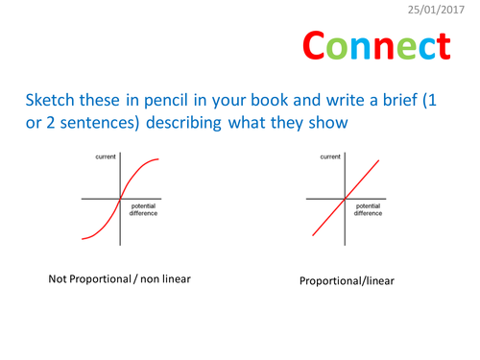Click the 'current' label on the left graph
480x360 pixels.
tap(105, 155)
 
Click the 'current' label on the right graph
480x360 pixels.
tap(330, 155)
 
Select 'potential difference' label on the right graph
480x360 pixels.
tap(369, 209)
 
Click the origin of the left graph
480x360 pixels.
tap(119, 199)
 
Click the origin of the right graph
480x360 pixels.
tap(345, 199)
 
